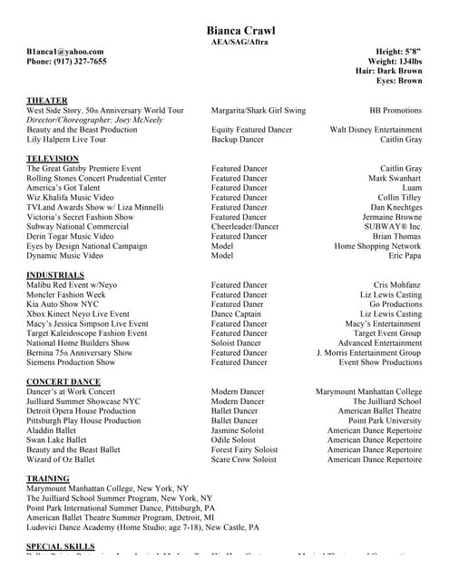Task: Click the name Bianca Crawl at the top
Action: [240, 31]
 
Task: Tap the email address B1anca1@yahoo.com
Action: [64, 52]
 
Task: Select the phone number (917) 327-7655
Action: [66, 62]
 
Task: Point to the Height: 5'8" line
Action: [398, 52]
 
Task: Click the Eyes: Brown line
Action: [400, 81]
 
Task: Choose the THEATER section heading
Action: [47, 101]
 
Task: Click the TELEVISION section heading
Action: [53, 159]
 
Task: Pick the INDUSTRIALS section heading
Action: [55, 275]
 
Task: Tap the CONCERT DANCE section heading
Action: [63, 381]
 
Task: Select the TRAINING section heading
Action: [48, 478]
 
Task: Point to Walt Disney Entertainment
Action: [376, 130]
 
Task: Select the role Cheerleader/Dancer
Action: [245, 226]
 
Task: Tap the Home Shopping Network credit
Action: [377, 246]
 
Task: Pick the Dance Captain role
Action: [238, 314]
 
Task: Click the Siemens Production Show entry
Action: [71, 362]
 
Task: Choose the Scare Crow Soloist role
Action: [244, 459]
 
